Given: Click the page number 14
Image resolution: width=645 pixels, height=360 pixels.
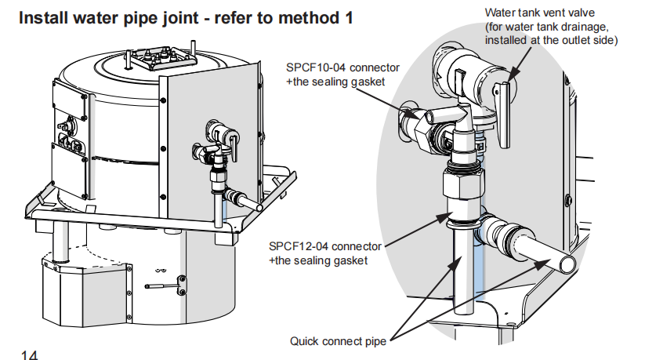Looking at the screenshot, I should coord(30,355).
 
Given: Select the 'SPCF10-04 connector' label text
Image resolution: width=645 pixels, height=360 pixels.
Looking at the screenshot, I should coord(342,67).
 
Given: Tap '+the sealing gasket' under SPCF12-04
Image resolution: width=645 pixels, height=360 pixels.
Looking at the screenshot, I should coord(318,260).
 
